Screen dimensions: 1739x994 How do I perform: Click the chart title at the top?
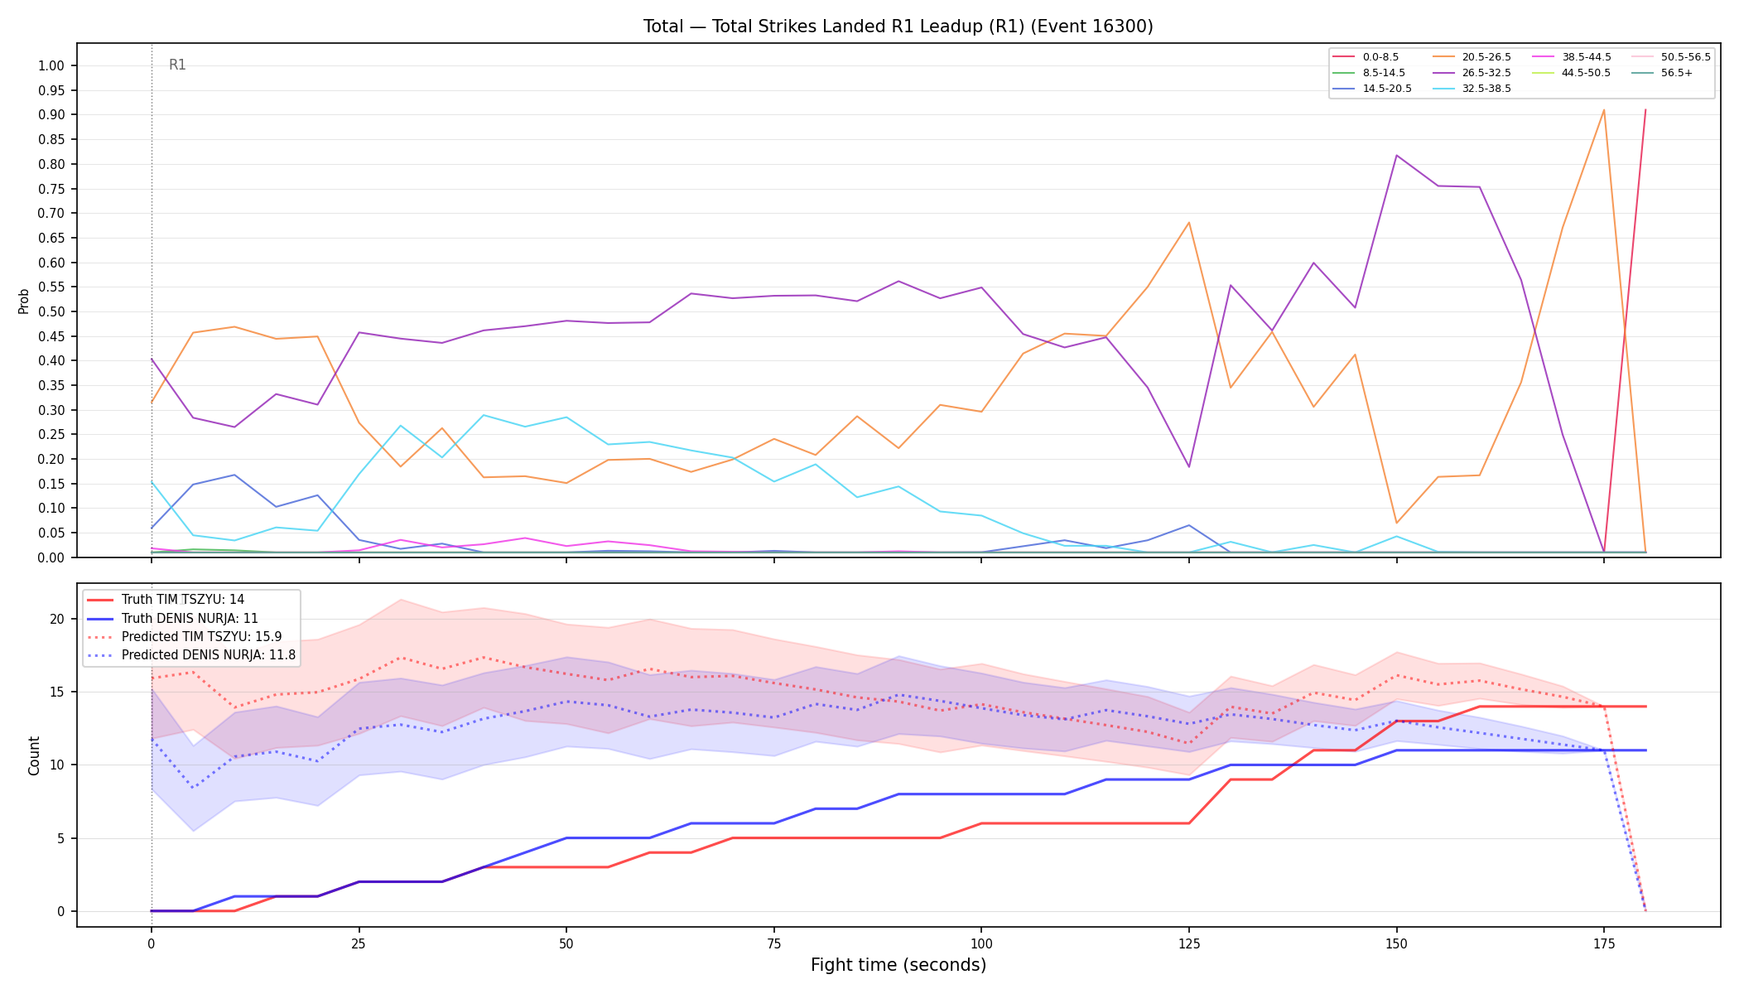[898, 27]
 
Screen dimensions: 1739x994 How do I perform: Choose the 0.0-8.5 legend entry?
[1366, 57]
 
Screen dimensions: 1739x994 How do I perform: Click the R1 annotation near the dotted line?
[177, 65]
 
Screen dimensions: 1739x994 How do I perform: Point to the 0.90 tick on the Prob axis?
[51, 114]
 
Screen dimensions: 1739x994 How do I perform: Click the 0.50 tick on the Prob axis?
[51, 311]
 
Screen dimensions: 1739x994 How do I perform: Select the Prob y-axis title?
[23, 301]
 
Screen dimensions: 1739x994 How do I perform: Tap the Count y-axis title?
[34, 755]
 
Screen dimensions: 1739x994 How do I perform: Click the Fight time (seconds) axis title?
[898, 965]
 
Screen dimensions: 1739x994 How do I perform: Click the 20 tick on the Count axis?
[56, 619]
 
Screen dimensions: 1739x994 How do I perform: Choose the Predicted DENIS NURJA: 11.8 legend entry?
[191, 655]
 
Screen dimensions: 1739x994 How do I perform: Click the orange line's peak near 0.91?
[1603, 110]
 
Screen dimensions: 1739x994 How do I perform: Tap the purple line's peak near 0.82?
[1396, 155]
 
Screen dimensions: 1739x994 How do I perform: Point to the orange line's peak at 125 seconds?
[1188, 222]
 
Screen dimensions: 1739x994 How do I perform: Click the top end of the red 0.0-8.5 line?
[1645, 109]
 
